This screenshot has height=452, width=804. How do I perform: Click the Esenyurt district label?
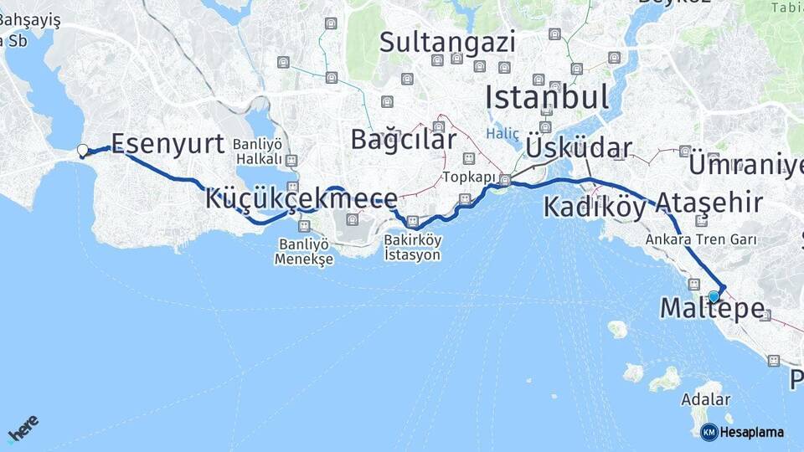(x=167, y=143)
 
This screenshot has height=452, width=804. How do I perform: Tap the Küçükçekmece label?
(x=301, y=199)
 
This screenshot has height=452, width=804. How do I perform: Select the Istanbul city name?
(x=547, y=98)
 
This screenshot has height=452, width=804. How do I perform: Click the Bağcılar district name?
(x=404, y=139)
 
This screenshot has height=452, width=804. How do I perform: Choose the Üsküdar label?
(x=579, y=148)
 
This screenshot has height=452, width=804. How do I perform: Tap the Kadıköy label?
(x=595, y=207)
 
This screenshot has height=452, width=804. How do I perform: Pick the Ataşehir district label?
(x=709, y=203)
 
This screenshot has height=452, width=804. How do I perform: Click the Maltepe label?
(x=712, y=308)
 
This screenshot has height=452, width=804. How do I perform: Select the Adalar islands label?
(x=706, y=400)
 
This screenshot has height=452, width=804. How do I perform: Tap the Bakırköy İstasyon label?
(x=412, y=246)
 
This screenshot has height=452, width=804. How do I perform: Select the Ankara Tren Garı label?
(x=701, y=239)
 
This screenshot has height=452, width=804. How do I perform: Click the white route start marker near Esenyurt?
(x=82, y=151)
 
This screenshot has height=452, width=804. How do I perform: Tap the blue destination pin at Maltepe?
(x=714, y=295)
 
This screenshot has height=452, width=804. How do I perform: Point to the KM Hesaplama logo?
(x=742, y=432)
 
